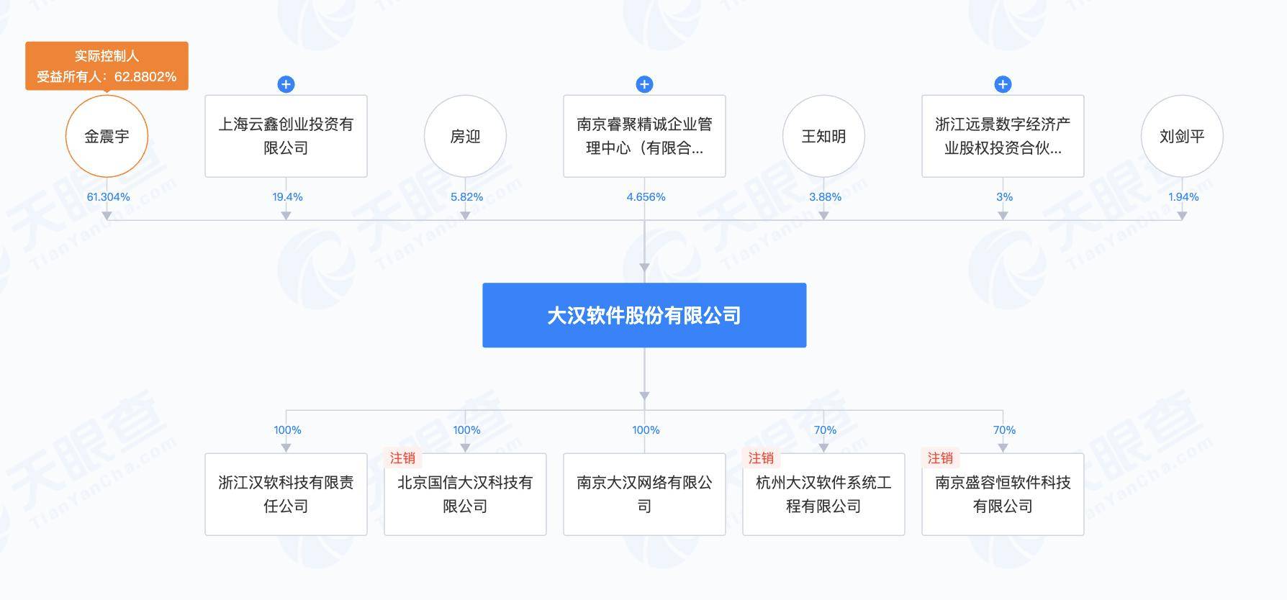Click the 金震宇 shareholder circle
[x=107, y=136]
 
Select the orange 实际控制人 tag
[x=107, y=65]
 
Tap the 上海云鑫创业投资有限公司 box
[x=286, y=136]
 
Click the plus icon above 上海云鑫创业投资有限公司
[x=286, y=84]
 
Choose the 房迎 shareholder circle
[x=465, y=136]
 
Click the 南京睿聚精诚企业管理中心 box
[x=644, y=136]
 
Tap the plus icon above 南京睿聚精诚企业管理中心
[x=644, y=84]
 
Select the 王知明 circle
[x=823, y=136]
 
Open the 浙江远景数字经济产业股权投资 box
[x=1003, y=136]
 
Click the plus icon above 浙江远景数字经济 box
[x=1003, y=84]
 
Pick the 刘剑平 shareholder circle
[x=1182, y=136]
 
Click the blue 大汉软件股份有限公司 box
[x=644, y=315]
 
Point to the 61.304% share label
[x=109, y=197]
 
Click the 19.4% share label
[x=288, y=197]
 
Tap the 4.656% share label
[x=646, y=197]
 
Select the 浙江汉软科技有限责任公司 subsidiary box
[x=286, y=494]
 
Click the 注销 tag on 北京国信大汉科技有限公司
[x=402, y=458]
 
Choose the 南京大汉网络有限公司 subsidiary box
[x=644, y=494]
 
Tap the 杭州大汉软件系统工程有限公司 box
[x=823, y=494]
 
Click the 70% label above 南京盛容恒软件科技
[x=1005, y=430]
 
